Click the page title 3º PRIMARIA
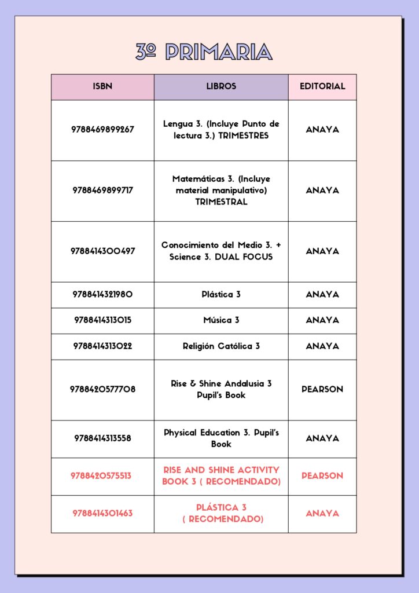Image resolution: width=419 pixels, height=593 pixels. click(204, 52)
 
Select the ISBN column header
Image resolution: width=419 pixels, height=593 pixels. click(102, 86)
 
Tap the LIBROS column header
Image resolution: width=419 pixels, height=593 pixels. click(221, 86)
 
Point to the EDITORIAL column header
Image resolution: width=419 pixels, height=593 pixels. click(322, 86)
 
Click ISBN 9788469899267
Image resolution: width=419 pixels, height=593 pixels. click(102, 130)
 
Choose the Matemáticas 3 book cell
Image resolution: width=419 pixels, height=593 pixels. click(221, 191)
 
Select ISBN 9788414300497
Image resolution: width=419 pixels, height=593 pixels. click(102, 251)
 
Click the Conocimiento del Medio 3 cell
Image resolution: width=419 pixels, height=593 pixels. click(221, 251)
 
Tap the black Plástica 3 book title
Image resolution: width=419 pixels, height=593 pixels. click(221, 294)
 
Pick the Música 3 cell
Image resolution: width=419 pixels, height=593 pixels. click(221, 320)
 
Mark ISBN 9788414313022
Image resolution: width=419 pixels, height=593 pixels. click(102, 346)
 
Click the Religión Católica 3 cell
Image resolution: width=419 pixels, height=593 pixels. click(221, 346)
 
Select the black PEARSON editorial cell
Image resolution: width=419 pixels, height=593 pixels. click(322, 390)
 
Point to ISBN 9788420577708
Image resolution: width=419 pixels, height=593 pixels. click(102, 390)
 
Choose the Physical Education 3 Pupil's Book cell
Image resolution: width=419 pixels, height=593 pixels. click(221, 438)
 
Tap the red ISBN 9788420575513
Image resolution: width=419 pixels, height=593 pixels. click(101, 476)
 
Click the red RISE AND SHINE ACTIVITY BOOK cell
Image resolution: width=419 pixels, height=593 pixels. click(221, 476)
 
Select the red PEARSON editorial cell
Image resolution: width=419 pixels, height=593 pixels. click(322, 476)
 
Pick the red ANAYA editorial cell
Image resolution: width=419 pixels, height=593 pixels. click(322, 514)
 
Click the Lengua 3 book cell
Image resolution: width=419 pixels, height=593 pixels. click(221, 130)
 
